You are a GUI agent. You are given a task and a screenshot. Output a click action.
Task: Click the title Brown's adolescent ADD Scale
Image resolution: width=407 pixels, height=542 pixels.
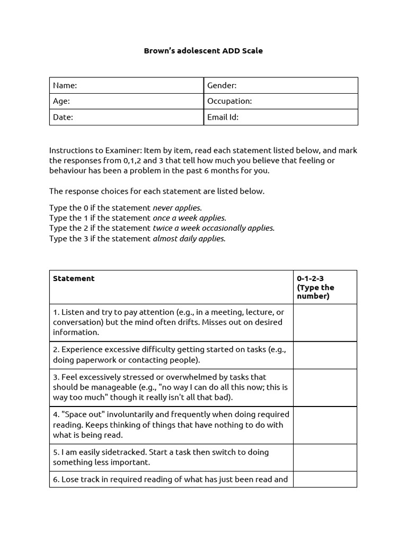point(203,51)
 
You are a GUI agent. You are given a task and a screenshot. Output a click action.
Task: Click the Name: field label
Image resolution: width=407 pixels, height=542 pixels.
point(65,85)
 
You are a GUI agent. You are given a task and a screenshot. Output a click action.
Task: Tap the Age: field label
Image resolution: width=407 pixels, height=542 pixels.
point(61,101)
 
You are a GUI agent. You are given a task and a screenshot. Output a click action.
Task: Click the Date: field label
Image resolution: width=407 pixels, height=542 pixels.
point(63,118)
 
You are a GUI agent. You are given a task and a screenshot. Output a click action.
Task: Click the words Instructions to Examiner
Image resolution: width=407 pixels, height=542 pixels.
point(95,150)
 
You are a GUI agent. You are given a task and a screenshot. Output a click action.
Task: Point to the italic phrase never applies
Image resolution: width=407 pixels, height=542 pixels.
point(177,208)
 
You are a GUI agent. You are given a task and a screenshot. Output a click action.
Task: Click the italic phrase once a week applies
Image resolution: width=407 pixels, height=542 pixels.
point(189,218)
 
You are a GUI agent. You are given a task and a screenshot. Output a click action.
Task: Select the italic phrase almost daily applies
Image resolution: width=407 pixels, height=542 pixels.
point(189,239)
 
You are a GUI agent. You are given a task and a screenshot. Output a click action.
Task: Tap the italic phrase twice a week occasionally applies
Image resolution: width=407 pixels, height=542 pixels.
point(214,228)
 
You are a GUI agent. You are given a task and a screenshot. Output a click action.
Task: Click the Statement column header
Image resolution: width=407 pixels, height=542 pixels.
point(74,278)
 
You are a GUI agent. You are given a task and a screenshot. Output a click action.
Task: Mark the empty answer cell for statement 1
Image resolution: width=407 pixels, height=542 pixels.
point(325,322)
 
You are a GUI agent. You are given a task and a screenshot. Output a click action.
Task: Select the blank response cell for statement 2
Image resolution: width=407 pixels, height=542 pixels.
point(325,355)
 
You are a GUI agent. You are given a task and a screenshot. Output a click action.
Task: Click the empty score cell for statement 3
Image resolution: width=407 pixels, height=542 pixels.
point(325,387)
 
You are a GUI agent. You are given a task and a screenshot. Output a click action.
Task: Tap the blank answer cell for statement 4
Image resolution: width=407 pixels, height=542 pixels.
point(325,425)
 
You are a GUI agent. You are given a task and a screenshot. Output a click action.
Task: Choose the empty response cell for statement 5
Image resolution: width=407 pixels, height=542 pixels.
point(325,457)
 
